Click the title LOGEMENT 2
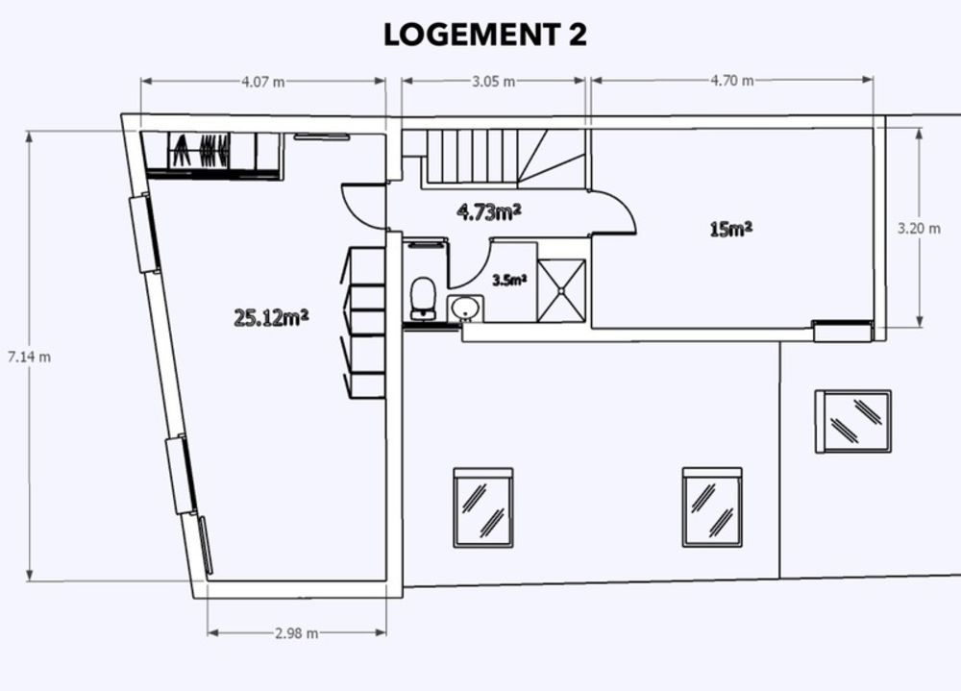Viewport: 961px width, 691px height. point(484,36)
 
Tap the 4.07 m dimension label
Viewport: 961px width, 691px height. point(262,82)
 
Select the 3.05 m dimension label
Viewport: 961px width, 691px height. point(493,82)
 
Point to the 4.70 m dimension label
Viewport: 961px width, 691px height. point(731,81)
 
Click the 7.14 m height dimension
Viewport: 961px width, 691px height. point(29,357)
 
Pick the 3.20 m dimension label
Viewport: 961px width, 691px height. point(918,229)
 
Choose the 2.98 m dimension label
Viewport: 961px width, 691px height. point(296,632)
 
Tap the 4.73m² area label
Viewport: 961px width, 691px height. point(489,211)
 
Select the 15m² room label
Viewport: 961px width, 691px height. point(730,229)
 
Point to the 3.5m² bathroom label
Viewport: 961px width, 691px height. point(508,281)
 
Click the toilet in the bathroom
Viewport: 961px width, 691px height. point(422,296)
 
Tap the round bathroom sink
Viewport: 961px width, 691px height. point(466,308)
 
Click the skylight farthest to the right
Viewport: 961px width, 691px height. point(853,421)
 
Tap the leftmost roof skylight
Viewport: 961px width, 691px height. point(482,507)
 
